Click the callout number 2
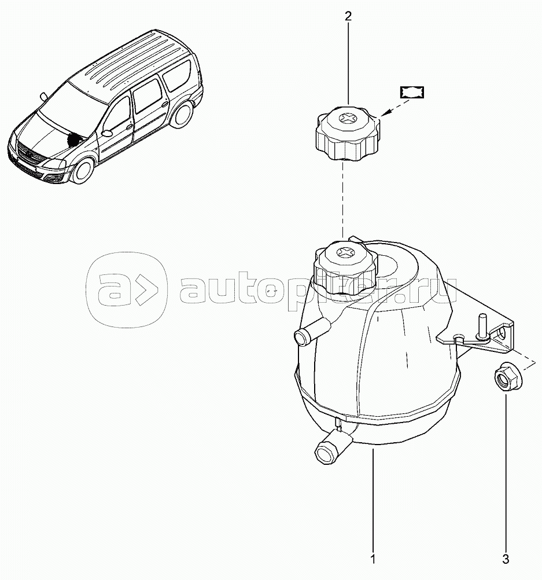[x=348, y=16]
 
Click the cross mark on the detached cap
[x=348, y=119]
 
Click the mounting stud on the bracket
[x=482, y=328]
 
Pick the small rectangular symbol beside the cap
[x=412, y=93]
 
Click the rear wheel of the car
[x=183, y=115]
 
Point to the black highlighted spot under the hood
[x=75, y=140]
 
